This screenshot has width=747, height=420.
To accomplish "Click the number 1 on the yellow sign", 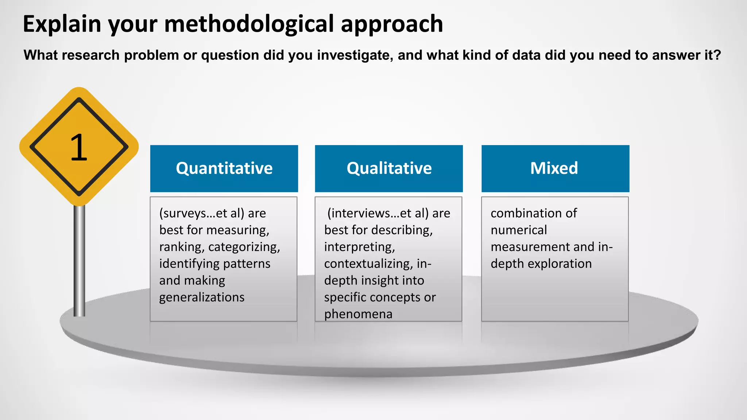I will point(79,148).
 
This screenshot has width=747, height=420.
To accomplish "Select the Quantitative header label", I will point(224,168).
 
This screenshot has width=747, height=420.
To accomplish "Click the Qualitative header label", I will point(389,168).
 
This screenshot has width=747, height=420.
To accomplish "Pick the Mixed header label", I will point(554,168).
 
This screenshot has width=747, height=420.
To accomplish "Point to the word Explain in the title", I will point(62,24).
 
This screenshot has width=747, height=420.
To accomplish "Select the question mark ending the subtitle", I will point(717,55).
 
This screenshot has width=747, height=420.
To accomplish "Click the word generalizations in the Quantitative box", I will point(202,297).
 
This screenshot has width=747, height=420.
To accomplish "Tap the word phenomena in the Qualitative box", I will point(358,314).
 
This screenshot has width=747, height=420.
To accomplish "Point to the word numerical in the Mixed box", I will point(519,230).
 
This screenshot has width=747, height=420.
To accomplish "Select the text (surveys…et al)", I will point(202,213).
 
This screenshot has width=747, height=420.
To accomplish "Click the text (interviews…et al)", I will point(378,213).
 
